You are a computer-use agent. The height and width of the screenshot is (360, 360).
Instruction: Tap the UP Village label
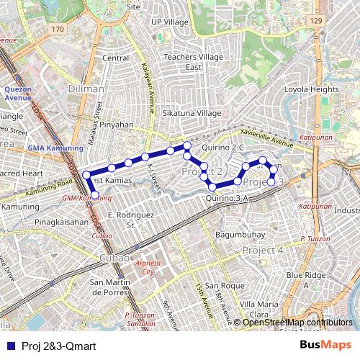170,22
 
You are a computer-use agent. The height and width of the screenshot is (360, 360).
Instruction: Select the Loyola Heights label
312,89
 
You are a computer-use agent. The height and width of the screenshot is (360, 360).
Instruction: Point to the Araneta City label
149,269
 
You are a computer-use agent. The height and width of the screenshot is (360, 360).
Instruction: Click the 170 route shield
58,29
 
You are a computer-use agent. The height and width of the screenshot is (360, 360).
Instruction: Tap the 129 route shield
316,22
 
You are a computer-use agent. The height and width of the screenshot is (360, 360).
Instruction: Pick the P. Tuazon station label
315,238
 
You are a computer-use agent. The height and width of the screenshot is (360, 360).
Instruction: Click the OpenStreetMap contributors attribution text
297,323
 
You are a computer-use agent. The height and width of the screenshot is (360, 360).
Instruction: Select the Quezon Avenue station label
18,94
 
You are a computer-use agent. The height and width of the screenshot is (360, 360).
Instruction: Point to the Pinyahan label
117,124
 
